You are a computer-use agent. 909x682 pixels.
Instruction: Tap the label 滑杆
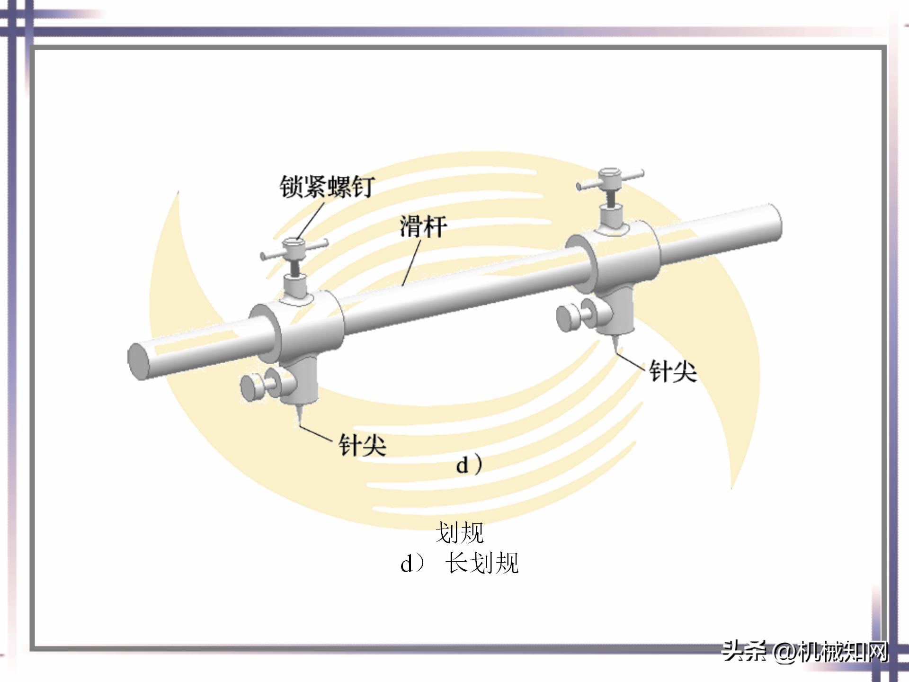(x=423, y=226)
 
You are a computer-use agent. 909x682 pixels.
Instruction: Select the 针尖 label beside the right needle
(x=672, y=371)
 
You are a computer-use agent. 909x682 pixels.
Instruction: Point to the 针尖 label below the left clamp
(x=362, y=445)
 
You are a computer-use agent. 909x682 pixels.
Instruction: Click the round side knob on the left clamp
(x=251, y=387)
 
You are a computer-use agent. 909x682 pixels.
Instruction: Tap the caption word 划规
(x=459, y=533)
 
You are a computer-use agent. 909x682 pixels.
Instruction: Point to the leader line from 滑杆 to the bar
(x=411, y=263)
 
